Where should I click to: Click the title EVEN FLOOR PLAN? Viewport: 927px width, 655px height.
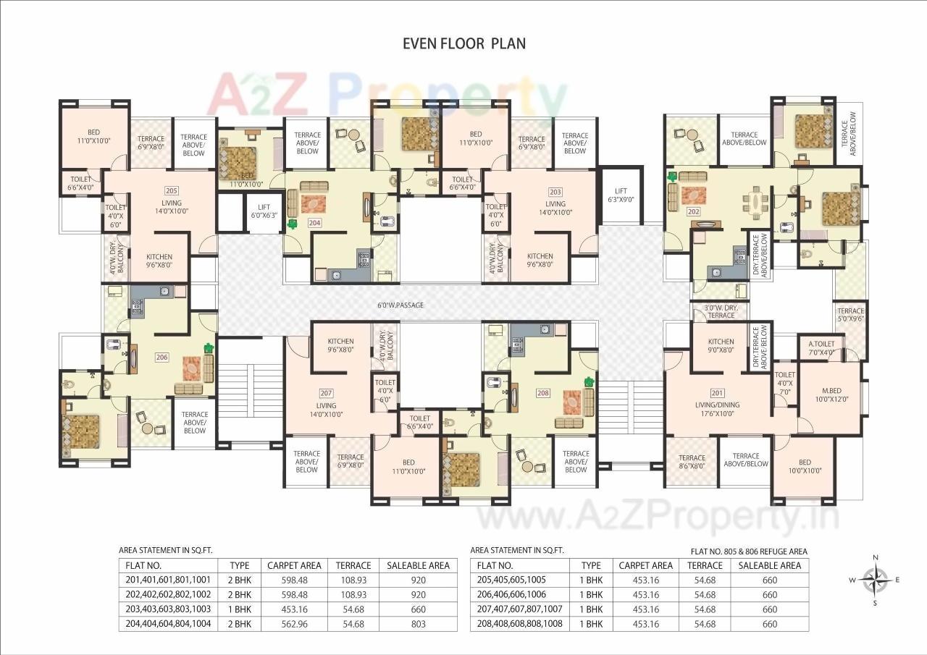(x=463, y=43)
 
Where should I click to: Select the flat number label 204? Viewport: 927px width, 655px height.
(x=314, y=223)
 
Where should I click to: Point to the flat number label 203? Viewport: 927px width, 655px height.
(x=555, y=192)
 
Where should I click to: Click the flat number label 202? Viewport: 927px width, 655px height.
(x=693, y=212)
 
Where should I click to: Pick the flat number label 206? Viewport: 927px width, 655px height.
(x=162, y=357)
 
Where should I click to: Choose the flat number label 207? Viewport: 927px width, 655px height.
(x=326, y=393)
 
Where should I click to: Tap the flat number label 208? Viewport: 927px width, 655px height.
(x=543, y=393)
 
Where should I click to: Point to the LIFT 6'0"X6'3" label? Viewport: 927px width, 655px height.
(x=264, y=210)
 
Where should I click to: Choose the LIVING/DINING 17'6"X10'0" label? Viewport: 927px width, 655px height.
(x=716, y=409)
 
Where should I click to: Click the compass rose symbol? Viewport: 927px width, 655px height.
(x=876, y=579)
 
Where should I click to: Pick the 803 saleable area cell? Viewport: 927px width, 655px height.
(x=419, y=624)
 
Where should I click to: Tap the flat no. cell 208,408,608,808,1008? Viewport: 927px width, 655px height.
(x=520, y=624)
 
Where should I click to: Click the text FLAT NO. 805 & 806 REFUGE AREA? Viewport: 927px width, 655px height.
(x=749, y=552)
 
